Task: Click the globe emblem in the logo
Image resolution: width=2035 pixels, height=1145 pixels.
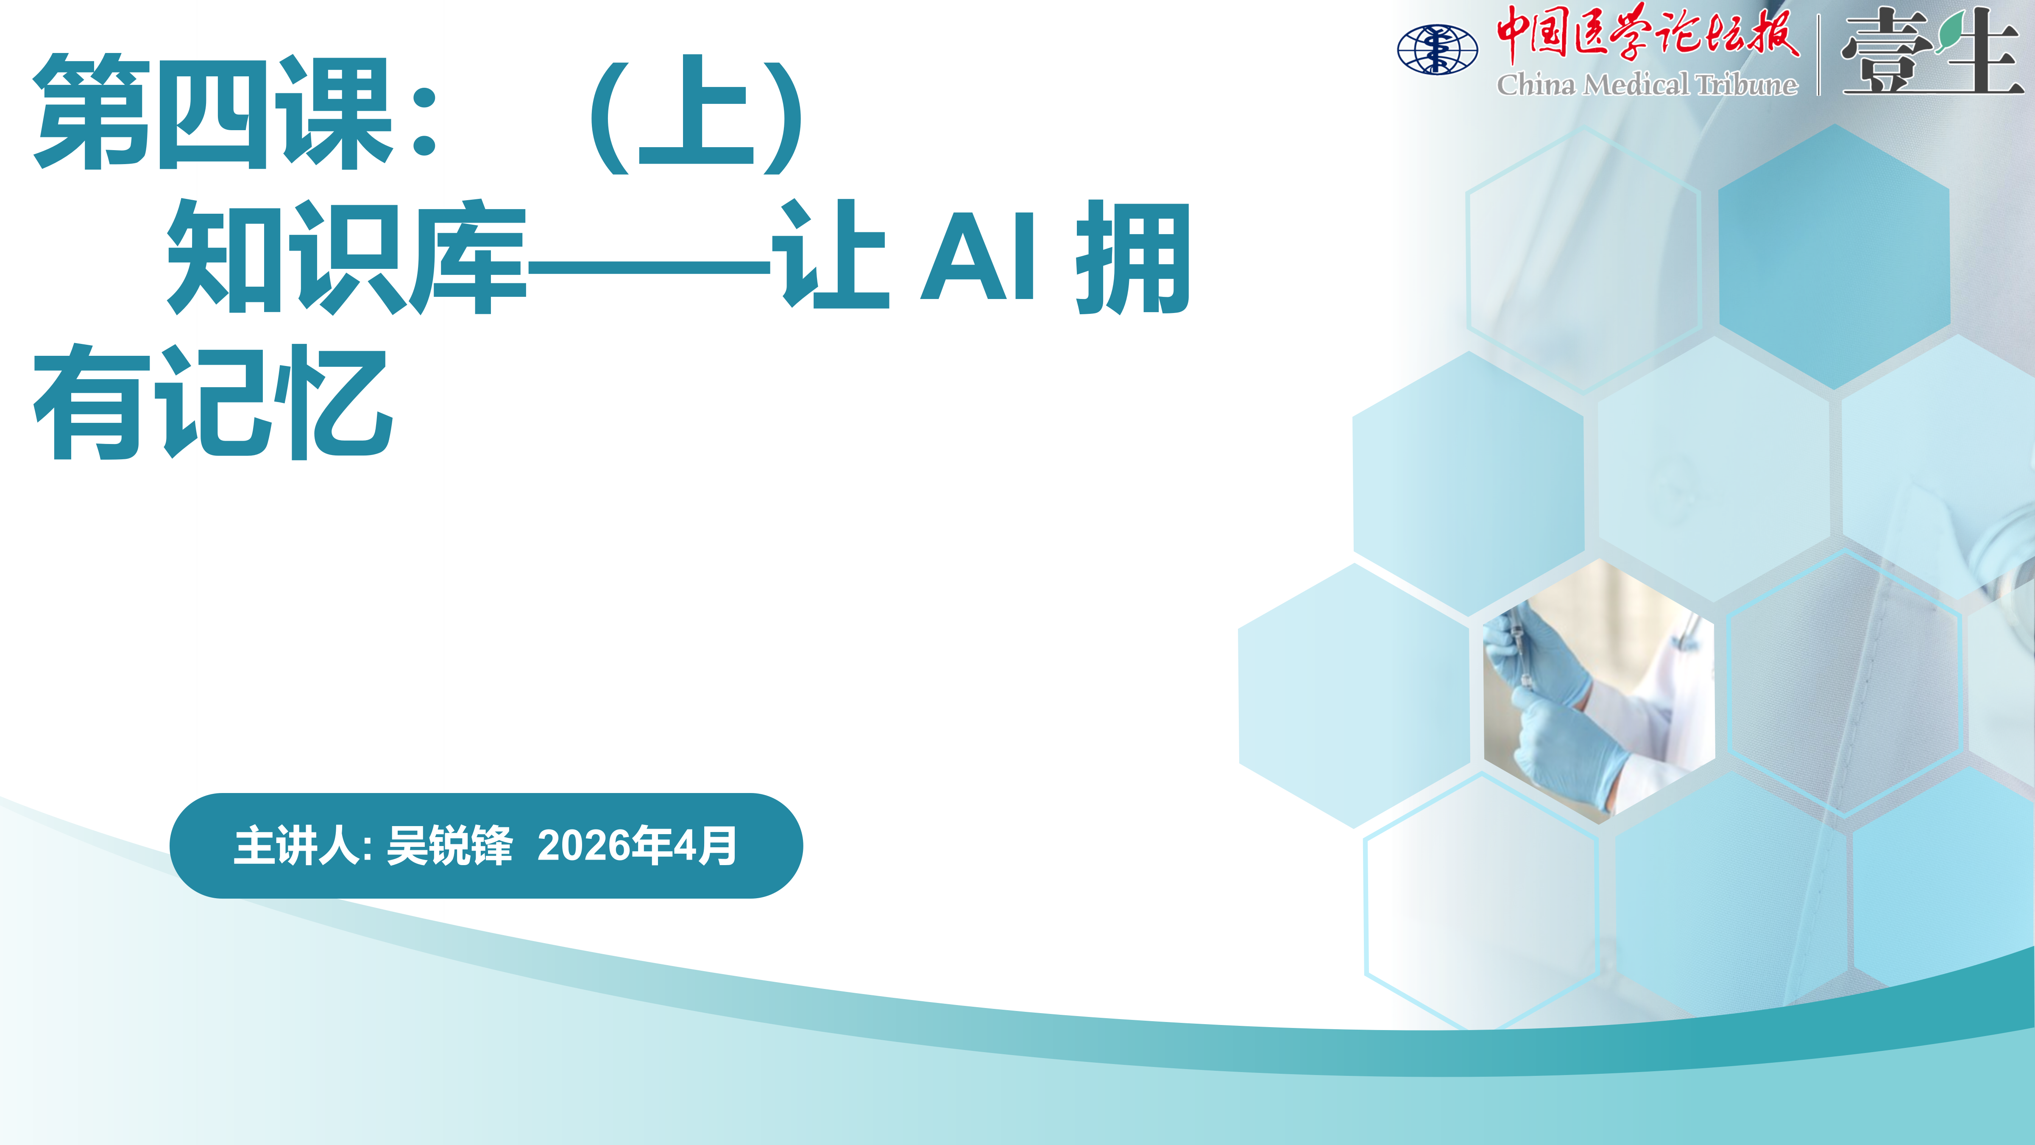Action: pyautogui.click(x=1437, y=49)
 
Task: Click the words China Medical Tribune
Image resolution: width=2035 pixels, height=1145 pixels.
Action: pyautogui.click(x=1647, y=84)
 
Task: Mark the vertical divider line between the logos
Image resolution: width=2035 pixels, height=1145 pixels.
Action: pyautogui.click(x=1818, y=55)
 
